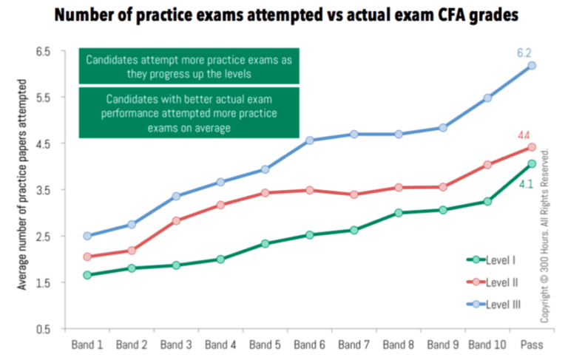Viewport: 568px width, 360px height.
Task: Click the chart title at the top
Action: point(284,14)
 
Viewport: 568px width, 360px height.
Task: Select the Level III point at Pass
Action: point(531,66)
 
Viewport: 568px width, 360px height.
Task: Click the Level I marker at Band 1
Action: point(87,275)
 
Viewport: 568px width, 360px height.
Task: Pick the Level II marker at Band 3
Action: point(176,220)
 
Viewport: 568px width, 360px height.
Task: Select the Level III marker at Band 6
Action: point(309,140)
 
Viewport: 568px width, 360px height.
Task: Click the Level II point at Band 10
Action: point(487,165)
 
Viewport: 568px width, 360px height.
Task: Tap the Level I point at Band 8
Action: point(398,213)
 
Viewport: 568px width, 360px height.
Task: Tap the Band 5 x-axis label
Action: point(265,344)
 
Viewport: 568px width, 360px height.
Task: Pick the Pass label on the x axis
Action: point(531,344)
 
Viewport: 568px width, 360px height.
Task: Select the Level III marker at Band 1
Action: point(87,236)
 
